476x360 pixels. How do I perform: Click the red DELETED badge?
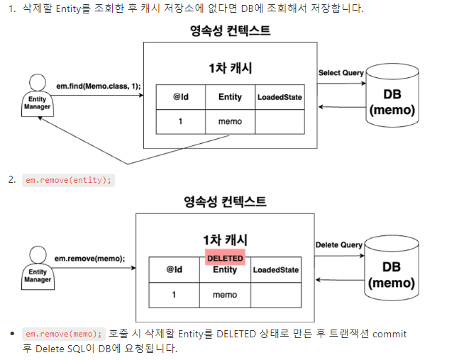(225, 258)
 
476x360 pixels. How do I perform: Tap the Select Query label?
(341, 73)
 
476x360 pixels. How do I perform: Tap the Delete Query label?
(338, 244)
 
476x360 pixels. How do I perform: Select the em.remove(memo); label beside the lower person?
(89, 259)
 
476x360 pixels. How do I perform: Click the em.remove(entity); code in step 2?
(68, 180)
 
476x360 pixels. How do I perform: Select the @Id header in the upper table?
(180, 97)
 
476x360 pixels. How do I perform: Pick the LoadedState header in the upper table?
(279, 97)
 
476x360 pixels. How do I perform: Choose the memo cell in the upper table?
(230, 121)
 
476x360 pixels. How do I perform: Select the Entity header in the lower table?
(225, 270)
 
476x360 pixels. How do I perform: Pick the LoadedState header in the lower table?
(275, 270)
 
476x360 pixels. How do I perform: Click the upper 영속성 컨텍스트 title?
(230, 31)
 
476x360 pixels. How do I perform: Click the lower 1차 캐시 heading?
(225, 240)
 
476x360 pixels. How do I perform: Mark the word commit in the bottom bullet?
(389, 333)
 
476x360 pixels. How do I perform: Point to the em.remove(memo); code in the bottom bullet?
(63, 333)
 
